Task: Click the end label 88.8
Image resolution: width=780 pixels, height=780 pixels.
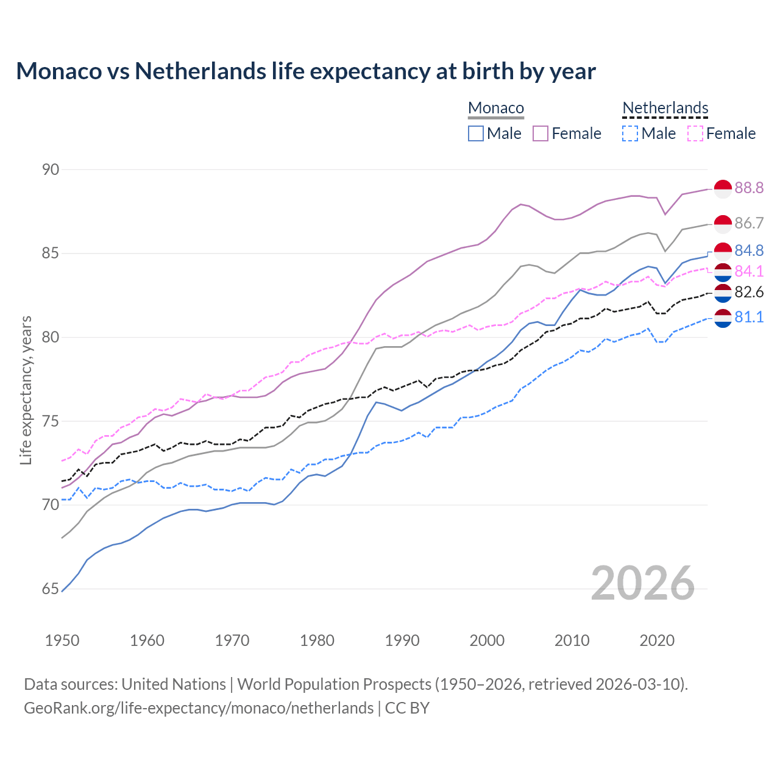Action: [749, 188]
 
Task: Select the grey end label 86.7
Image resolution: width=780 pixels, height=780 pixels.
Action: [749, 224]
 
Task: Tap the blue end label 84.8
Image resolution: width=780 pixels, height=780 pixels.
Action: [749, 251]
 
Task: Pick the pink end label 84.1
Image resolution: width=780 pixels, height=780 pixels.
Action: [749, 271]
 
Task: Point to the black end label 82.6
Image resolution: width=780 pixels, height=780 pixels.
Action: [749, 292]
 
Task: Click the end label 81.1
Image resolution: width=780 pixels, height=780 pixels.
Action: [749, 317]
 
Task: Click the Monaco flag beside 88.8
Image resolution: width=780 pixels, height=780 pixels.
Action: [723, 189]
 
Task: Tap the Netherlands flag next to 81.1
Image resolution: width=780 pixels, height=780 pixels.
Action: [723, 318]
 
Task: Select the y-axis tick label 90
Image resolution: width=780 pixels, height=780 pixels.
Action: [51, 169]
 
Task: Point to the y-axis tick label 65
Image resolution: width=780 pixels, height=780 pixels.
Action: [51, 589]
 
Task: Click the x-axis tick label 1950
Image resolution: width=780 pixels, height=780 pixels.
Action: [62, 640]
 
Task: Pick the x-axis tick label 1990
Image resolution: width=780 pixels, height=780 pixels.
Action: [402, 640]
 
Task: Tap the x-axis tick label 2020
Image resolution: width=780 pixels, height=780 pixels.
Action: [657, 640]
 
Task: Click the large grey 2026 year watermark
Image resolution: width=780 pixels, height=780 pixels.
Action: [642, 583]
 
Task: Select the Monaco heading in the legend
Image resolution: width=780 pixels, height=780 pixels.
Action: [496, 108]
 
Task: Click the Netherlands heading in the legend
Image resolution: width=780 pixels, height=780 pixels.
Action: [665, 108]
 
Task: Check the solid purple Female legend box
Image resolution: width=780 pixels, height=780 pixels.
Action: [541, 133]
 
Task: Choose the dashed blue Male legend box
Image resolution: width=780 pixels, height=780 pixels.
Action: [630, 133]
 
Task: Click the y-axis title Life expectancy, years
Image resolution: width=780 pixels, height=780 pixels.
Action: [26, 390]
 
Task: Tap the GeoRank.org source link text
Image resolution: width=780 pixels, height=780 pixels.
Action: [199, 708]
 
